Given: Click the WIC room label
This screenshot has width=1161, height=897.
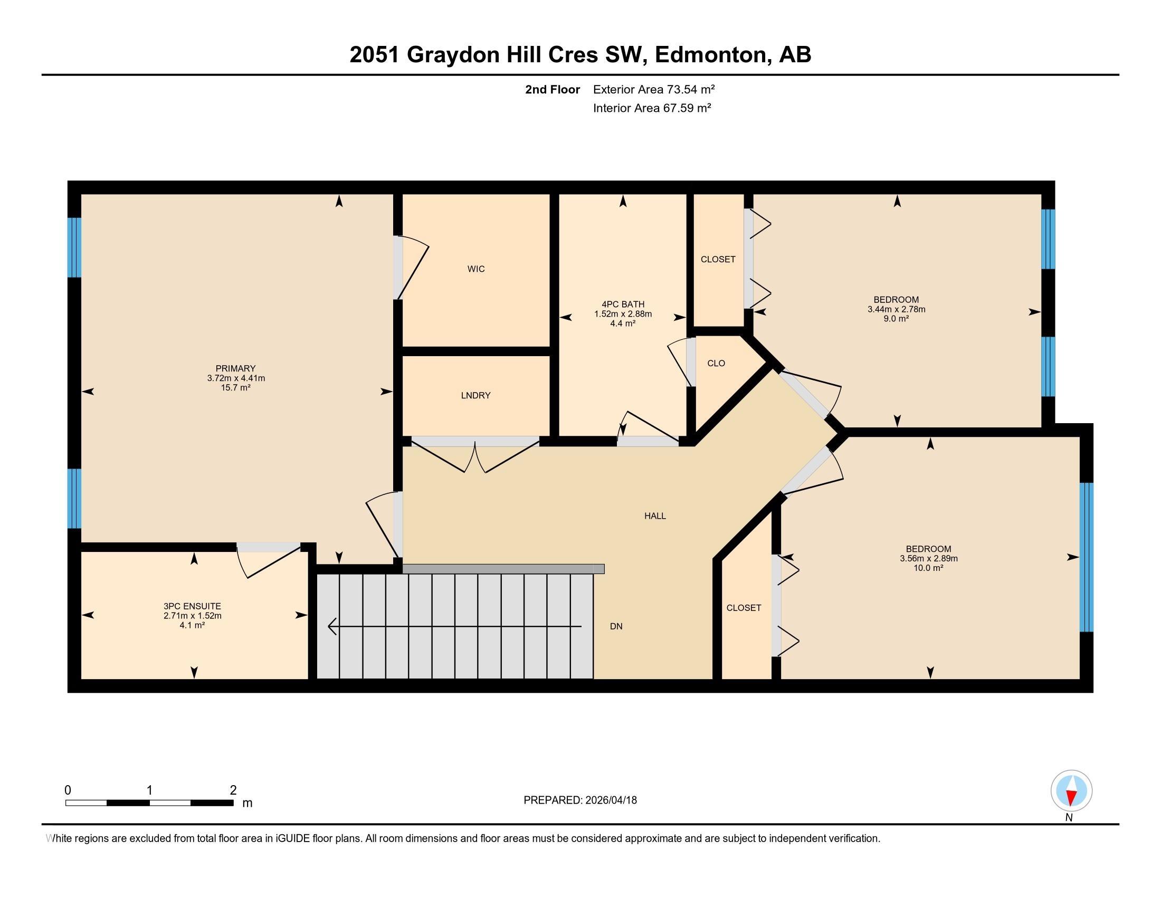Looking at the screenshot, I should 476,269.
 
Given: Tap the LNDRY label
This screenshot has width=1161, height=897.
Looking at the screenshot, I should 476,395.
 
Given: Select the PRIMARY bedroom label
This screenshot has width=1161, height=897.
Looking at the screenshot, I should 235,368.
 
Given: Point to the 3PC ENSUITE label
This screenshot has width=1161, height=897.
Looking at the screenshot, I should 192,606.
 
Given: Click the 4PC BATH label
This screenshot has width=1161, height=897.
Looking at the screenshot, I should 623,304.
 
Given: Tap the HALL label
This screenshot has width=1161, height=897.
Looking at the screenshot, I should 655,516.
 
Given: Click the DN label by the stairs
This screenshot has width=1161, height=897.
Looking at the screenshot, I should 615,626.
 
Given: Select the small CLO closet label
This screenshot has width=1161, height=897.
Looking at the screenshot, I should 716,364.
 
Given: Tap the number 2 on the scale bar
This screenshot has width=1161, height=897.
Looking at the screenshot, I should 233,790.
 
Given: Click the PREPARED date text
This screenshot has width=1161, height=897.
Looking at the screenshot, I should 580,800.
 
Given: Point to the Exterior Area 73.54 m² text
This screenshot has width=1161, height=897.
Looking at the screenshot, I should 653,89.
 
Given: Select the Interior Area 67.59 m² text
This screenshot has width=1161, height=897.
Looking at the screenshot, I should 652,108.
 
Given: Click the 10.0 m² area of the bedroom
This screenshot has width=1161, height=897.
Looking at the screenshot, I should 928,568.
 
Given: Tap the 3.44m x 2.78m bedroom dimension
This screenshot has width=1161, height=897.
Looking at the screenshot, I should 896,309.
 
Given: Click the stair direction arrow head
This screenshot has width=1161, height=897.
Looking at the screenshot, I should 332,626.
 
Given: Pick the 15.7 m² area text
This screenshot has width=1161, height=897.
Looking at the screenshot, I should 235,388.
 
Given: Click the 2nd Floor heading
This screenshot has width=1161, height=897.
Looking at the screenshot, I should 552,89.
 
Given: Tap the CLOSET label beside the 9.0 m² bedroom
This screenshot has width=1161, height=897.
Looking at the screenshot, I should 718,259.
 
